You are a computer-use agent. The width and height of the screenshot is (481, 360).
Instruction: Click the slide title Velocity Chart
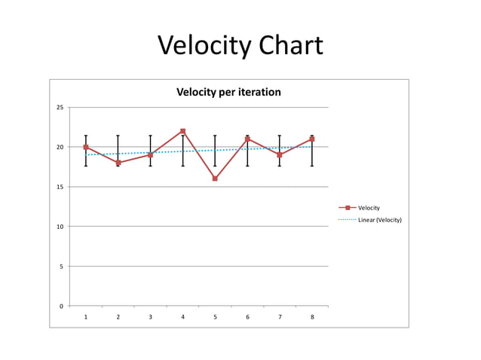point(240,46)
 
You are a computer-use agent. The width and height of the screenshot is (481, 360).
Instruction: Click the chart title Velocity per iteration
point(228,92)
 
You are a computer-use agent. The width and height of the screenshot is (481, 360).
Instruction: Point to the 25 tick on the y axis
point(60,108)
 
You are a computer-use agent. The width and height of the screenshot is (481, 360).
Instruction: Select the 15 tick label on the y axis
point(60,187)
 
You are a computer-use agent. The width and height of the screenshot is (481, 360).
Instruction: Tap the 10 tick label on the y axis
point(60,227)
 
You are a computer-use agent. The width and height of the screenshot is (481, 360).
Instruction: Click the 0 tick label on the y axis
point(61,306)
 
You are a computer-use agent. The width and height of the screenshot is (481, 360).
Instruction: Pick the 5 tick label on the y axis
point(61,267)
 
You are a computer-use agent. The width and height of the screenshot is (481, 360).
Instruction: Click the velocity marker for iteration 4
point(182,131)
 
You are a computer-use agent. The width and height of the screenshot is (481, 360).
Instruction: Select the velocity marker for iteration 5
point(215,178)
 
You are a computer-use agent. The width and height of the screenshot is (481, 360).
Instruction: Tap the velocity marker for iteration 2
point(118,163)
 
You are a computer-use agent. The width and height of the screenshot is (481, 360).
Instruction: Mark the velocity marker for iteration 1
point(86,147)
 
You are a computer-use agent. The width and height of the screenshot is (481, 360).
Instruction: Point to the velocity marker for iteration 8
point(311,139)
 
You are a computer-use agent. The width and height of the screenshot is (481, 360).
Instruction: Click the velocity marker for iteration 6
point(247,139)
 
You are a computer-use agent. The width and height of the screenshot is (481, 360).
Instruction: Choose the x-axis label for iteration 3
point(150,317)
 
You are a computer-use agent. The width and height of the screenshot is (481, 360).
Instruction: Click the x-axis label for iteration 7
point(280,317)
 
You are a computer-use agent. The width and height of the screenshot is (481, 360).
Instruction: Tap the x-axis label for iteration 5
point(215,317)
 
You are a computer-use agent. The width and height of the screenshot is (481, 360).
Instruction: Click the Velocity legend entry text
point(369,208)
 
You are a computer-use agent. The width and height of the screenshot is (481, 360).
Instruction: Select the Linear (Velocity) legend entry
point(379,220)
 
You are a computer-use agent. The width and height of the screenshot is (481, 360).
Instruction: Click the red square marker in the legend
point(347,208)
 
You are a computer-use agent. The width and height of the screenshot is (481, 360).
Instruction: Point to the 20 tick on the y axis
point(60,147)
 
